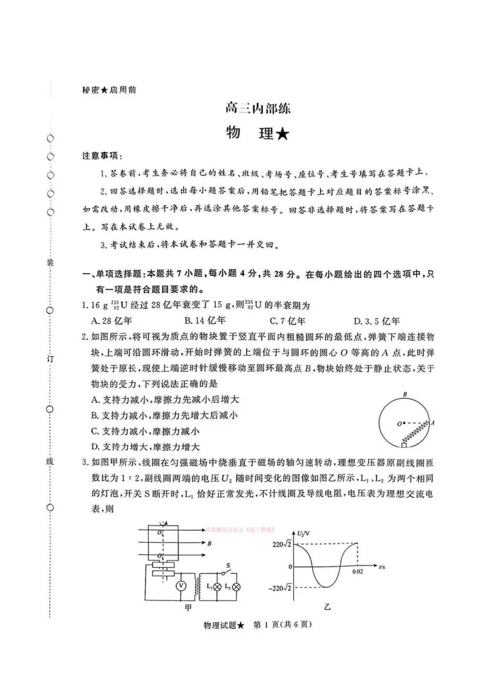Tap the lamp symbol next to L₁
[217, 587]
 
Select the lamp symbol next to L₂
[237, 587]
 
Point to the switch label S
[228, 565]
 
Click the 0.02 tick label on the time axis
[357, 571]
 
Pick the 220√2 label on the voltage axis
[282, 544]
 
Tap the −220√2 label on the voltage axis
[280, 588]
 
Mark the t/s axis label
[382, 566]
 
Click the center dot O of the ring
[403, 423]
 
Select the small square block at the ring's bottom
[404, 445]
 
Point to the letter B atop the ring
[405, 394]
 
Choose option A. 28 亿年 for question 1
[112, 321]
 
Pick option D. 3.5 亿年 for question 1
[377, 321]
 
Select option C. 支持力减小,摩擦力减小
[145, 431]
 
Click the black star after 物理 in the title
[282, 134]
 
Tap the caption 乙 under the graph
[328, 607]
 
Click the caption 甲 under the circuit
[188, 607]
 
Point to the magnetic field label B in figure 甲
[209, 544]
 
